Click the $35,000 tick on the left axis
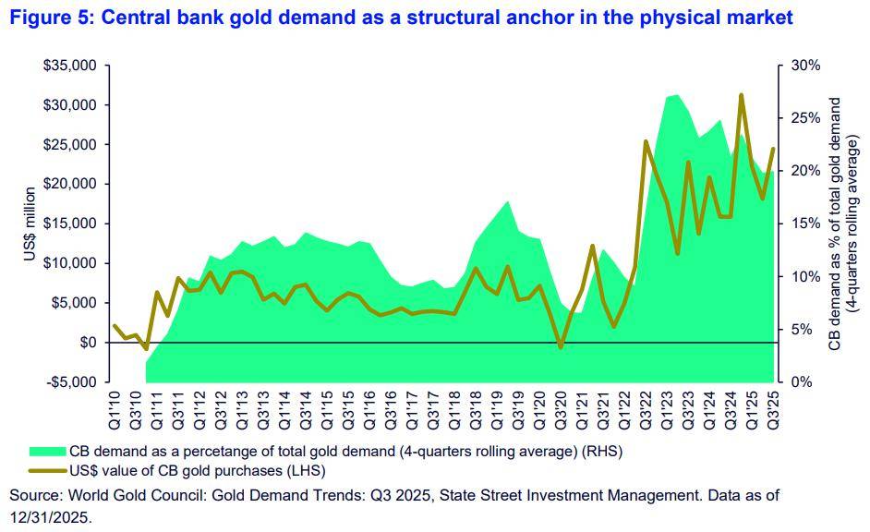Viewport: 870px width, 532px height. [x=71, y=66]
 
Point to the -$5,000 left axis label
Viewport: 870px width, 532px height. [x=71, y=381]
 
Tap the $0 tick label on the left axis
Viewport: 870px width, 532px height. [x=88, y=343]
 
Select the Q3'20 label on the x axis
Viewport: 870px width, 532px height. [x=561, y=406]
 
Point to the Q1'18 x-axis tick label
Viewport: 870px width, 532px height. [x=454, y=406]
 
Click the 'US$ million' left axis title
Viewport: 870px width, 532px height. [x=30, y=224]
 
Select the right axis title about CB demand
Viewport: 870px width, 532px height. [x=843, y=224]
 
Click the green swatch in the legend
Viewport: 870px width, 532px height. [x=48, y=452]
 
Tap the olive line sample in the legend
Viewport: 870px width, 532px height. [x=48, y=470]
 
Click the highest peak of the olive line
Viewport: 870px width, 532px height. [x=742, y=94]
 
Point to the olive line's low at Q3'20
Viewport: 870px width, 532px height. [x=561, y=347]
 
